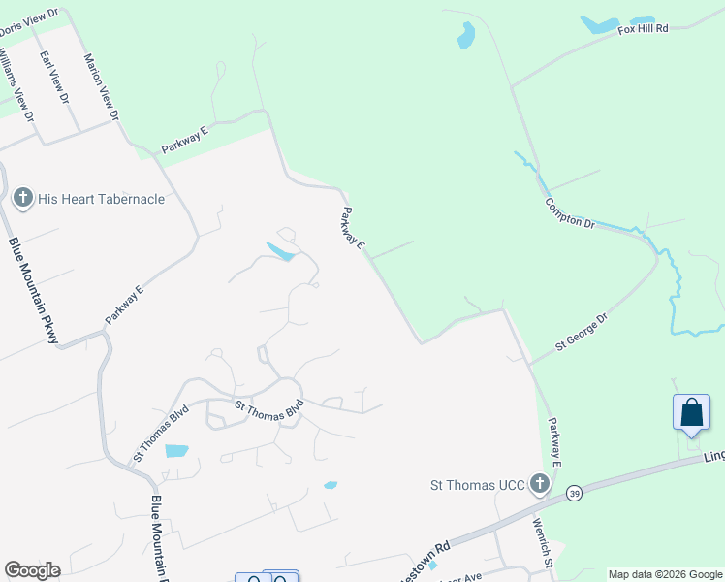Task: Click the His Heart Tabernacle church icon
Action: (x=23, y=199)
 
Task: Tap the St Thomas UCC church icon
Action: (x=540, y=485)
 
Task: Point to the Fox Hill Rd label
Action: (x=644, y=30)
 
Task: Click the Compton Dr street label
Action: (x=569, y=213)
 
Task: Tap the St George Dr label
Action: (x=581, y=331)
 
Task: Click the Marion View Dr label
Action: (x=101, y=86)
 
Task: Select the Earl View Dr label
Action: (x=54, y=77)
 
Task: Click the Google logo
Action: (x=32, y=570)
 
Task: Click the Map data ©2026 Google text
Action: (x=664, y=574)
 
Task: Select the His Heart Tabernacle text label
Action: (x=101, y=199)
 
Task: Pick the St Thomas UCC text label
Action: (x=478, y=485)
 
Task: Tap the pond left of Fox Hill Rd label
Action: (x=599, y=24)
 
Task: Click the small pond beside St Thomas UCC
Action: (x=331, y=485)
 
